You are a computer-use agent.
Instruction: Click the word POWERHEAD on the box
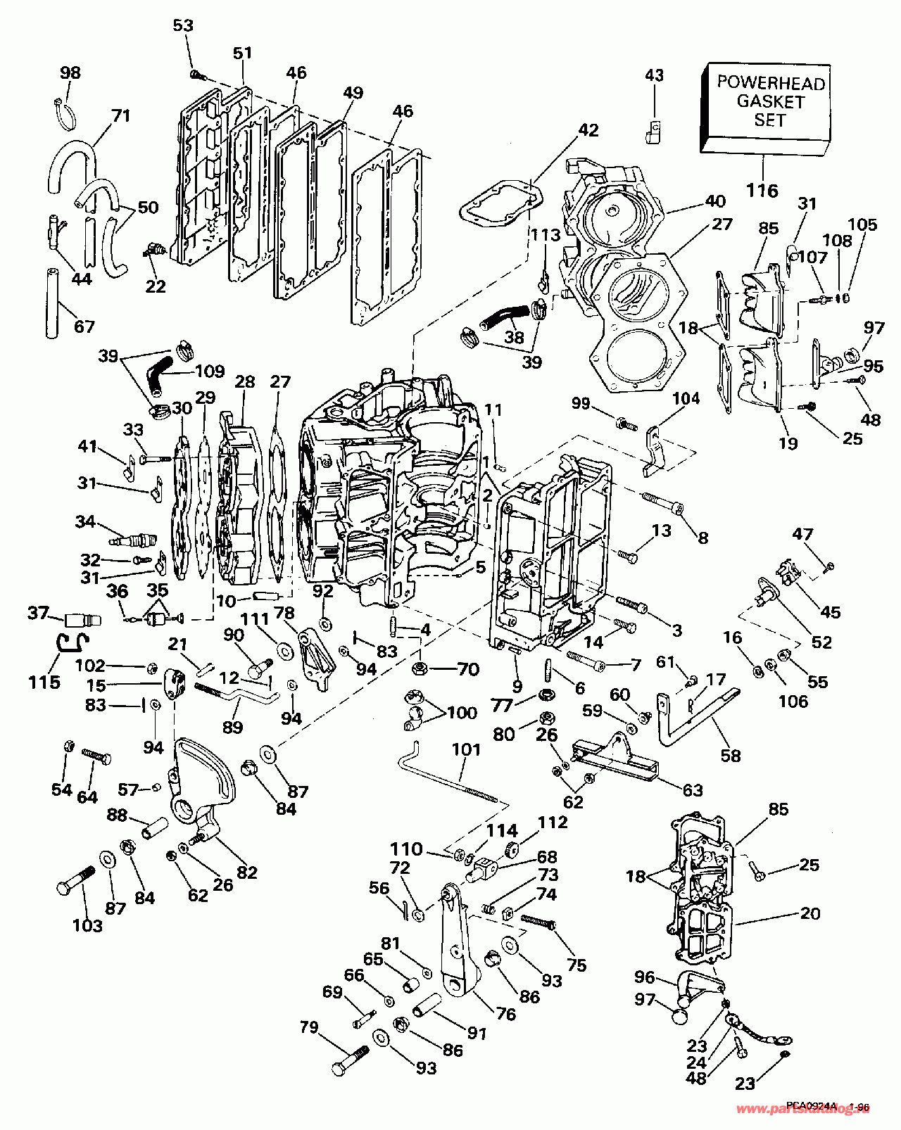770,82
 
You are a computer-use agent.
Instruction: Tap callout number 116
762,190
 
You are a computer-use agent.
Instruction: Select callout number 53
182,26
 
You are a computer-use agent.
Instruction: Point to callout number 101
466,750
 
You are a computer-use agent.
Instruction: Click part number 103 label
87,925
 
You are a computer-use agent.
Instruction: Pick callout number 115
44,682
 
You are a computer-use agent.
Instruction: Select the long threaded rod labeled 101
450,777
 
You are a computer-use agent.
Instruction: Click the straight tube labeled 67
53,303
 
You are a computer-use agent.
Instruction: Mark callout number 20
810,913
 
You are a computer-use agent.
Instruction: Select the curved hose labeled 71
70,160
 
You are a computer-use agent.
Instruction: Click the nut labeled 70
418,667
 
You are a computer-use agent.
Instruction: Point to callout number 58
731,755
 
